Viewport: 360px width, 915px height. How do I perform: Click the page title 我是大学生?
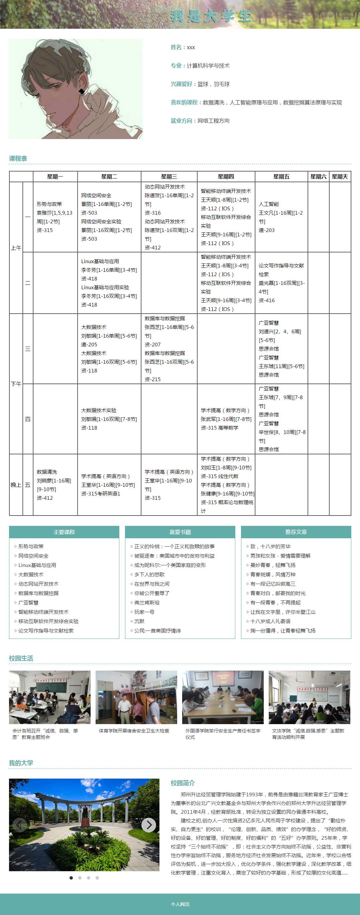[211, 16]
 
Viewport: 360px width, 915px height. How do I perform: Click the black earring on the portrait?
[82, 91]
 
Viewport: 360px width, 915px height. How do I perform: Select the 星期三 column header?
[169, 177]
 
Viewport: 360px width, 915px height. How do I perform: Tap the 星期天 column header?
[340, 177]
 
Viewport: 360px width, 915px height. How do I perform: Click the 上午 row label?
[16, 248]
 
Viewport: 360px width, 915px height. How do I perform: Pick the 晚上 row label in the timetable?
[16, 485]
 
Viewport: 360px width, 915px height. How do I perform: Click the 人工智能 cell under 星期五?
[281, 217]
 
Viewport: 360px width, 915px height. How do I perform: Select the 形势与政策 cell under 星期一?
[55, 217]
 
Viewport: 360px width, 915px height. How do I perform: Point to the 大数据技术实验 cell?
[109, 419]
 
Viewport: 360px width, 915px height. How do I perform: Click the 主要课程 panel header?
[64, 532]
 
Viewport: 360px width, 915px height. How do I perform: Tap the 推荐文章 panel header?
[296, 532]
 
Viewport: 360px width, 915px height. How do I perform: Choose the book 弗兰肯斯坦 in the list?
[147, 602]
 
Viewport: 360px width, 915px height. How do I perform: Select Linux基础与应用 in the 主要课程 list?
[37, 565]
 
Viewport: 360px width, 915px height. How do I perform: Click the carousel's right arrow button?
[148, 825]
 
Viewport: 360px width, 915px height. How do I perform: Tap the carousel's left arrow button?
[19, 825]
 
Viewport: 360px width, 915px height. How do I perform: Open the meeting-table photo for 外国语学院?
[223, 697]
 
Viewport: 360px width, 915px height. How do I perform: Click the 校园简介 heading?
[183, 783]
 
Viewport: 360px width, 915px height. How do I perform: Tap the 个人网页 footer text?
[180, 904]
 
